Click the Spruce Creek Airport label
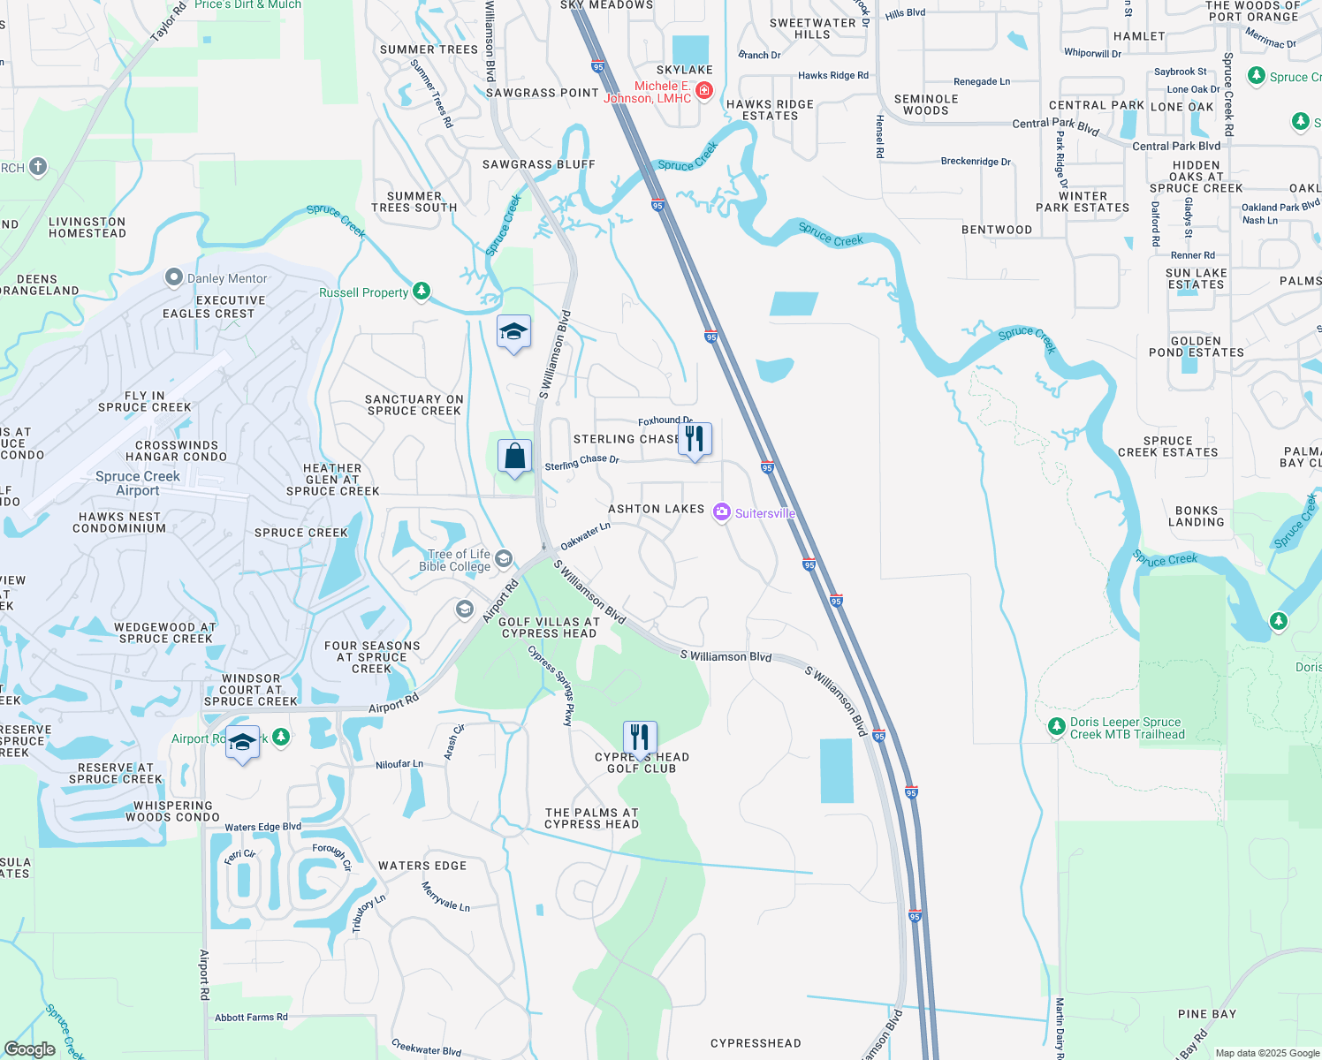tap(138, 483)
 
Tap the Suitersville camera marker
tap(722, 512)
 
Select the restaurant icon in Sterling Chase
tap(695, 439)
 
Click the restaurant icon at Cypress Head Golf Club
tap(640, 738)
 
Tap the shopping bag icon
tap(515, 457)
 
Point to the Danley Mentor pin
tap(174, 277)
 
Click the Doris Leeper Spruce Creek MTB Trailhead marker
tap(1056, 726)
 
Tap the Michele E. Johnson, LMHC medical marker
tap(703, 90)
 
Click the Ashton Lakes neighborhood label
tap(657, 509)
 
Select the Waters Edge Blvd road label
tap(262, 827)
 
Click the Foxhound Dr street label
tap(665, 421)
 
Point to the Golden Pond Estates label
tap(1196, 346)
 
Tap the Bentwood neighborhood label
tap(997, 230)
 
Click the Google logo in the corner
tap(29, 1049)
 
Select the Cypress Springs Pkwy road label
tap(551, 685)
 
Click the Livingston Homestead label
tap(87, 227)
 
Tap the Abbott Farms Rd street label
tap(251, 1017)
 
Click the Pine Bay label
tap(1206, 1013)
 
